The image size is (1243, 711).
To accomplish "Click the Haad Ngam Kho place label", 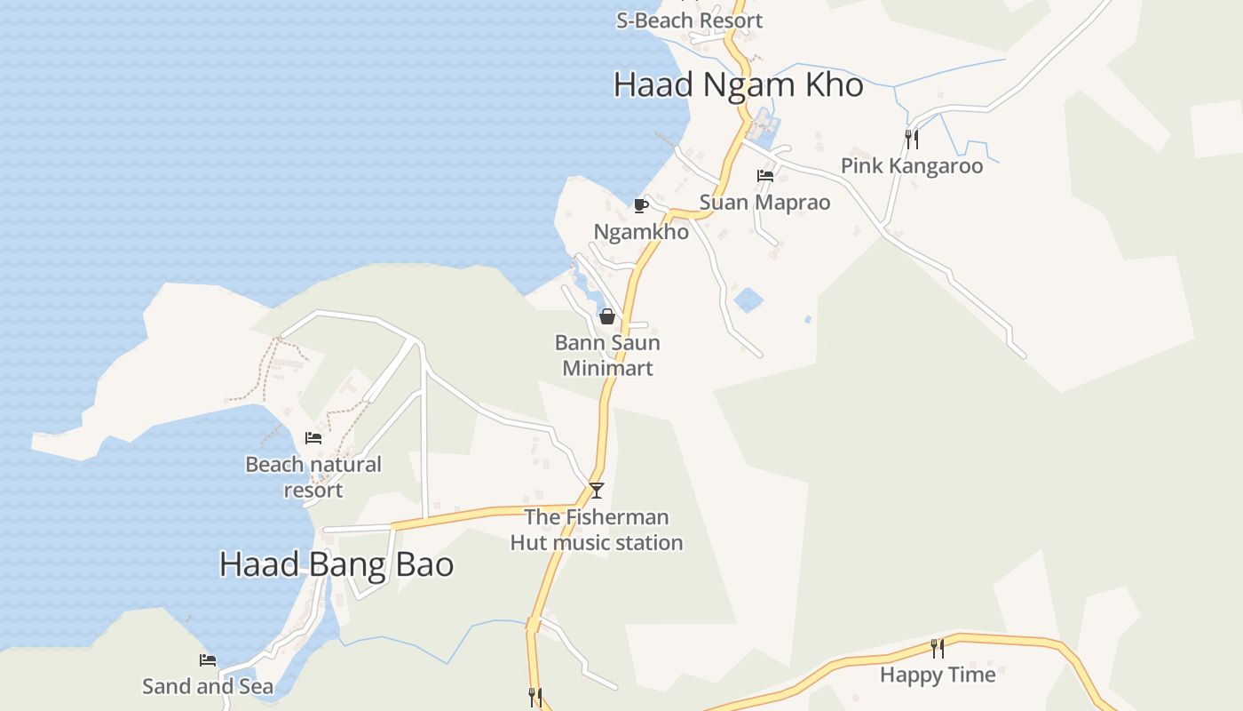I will tap(738, 85).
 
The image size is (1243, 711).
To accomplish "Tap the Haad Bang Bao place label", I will tap(336, 564).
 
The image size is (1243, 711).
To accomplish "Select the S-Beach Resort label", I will tap(689, 20).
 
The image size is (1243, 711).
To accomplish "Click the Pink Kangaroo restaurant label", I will tap(912, 166).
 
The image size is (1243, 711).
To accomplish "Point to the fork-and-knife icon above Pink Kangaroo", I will tap(911, 140).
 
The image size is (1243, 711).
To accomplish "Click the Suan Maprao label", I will tap(764, 203).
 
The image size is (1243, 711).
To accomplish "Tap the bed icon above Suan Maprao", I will tap(765, 176).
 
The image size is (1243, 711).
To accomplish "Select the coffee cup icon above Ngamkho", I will tap(641, 206).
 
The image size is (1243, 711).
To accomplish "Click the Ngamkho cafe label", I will tap(641, 232).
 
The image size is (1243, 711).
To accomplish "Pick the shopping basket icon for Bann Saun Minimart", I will tap(607, 316).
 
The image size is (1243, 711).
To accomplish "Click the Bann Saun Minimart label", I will tap(607, 355).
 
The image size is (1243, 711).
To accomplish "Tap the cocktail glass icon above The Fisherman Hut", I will tap(597, 490).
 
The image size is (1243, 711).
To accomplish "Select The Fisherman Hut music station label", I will tap(597, 530).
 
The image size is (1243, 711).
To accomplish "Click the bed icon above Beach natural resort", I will tap(313, 437).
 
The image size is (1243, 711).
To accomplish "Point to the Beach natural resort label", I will tap(313, 477).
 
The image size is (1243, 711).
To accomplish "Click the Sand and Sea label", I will tap(208, 686).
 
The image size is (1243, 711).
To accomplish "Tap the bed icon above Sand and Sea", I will tap(208, 660).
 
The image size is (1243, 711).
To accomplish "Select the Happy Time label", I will tap(938, 675).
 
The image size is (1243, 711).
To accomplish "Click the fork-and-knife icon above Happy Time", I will tap(938, 648).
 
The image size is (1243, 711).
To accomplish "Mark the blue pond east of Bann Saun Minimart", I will tap(748, 300).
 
